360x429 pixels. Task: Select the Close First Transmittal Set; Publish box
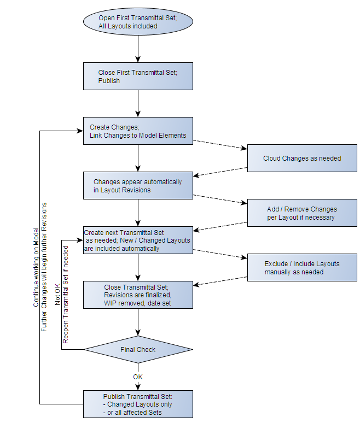tap(137, 76)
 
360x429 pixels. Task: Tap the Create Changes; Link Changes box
tap(137, 131)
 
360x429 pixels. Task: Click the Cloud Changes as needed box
tap(301, 158)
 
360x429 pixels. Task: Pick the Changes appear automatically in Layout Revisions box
tap(137, 186)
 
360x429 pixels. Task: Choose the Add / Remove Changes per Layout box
tap(301, 213)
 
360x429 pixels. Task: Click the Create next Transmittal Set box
tap(137, 240)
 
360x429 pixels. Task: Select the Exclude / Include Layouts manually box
tap(301, 268)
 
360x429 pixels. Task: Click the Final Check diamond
tap(137, 350)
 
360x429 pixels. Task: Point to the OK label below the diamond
tap(138, 377)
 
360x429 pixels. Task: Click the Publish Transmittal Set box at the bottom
tap(137, 404)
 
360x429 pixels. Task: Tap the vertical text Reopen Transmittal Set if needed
tap(66, 295)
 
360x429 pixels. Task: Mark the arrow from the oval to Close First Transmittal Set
tap(138, 49)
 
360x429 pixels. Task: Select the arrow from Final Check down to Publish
tap(138, 377)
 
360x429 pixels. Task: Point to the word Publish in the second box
tap(109, 80)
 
